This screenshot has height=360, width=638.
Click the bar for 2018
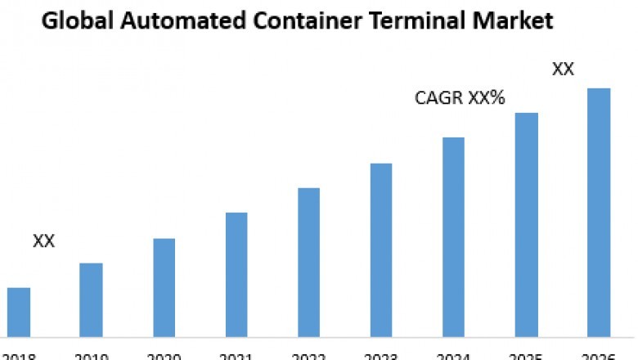coord(19,312)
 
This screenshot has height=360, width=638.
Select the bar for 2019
coord(91,299)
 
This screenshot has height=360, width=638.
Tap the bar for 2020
coord(164,287)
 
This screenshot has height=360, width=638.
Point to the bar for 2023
coord(381,250)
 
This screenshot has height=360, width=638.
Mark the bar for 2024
coord(453,236)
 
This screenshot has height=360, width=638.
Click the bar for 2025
coord(526,224)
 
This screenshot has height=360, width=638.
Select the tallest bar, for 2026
coord(599,212)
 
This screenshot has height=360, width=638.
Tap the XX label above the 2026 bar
coord(563,70)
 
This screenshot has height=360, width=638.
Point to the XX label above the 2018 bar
coord(43,241)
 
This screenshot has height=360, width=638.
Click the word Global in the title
coord(74,20)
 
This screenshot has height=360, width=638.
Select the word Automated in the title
coord(179,20)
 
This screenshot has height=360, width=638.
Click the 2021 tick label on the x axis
coord(236,356)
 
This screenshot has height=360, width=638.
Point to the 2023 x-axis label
coord(381,356)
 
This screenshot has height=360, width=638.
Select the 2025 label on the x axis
coord(526,356)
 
